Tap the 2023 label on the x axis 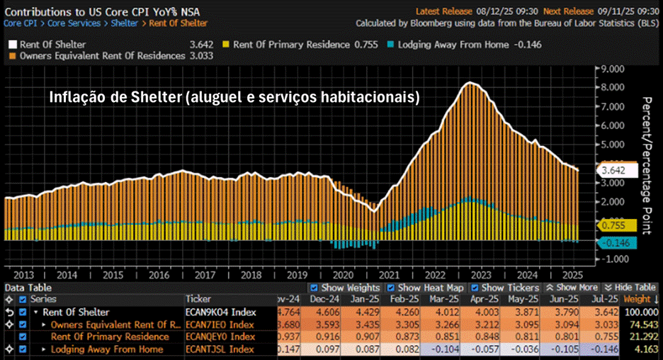(481, 274)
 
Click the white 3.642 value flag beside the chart (616, 171)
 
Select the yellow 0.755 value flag (616, 225)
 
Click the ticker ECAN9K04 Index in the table (220, 312)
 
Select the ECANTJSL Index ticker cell (220, 349)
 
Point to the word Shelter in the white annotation (152, 97)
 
